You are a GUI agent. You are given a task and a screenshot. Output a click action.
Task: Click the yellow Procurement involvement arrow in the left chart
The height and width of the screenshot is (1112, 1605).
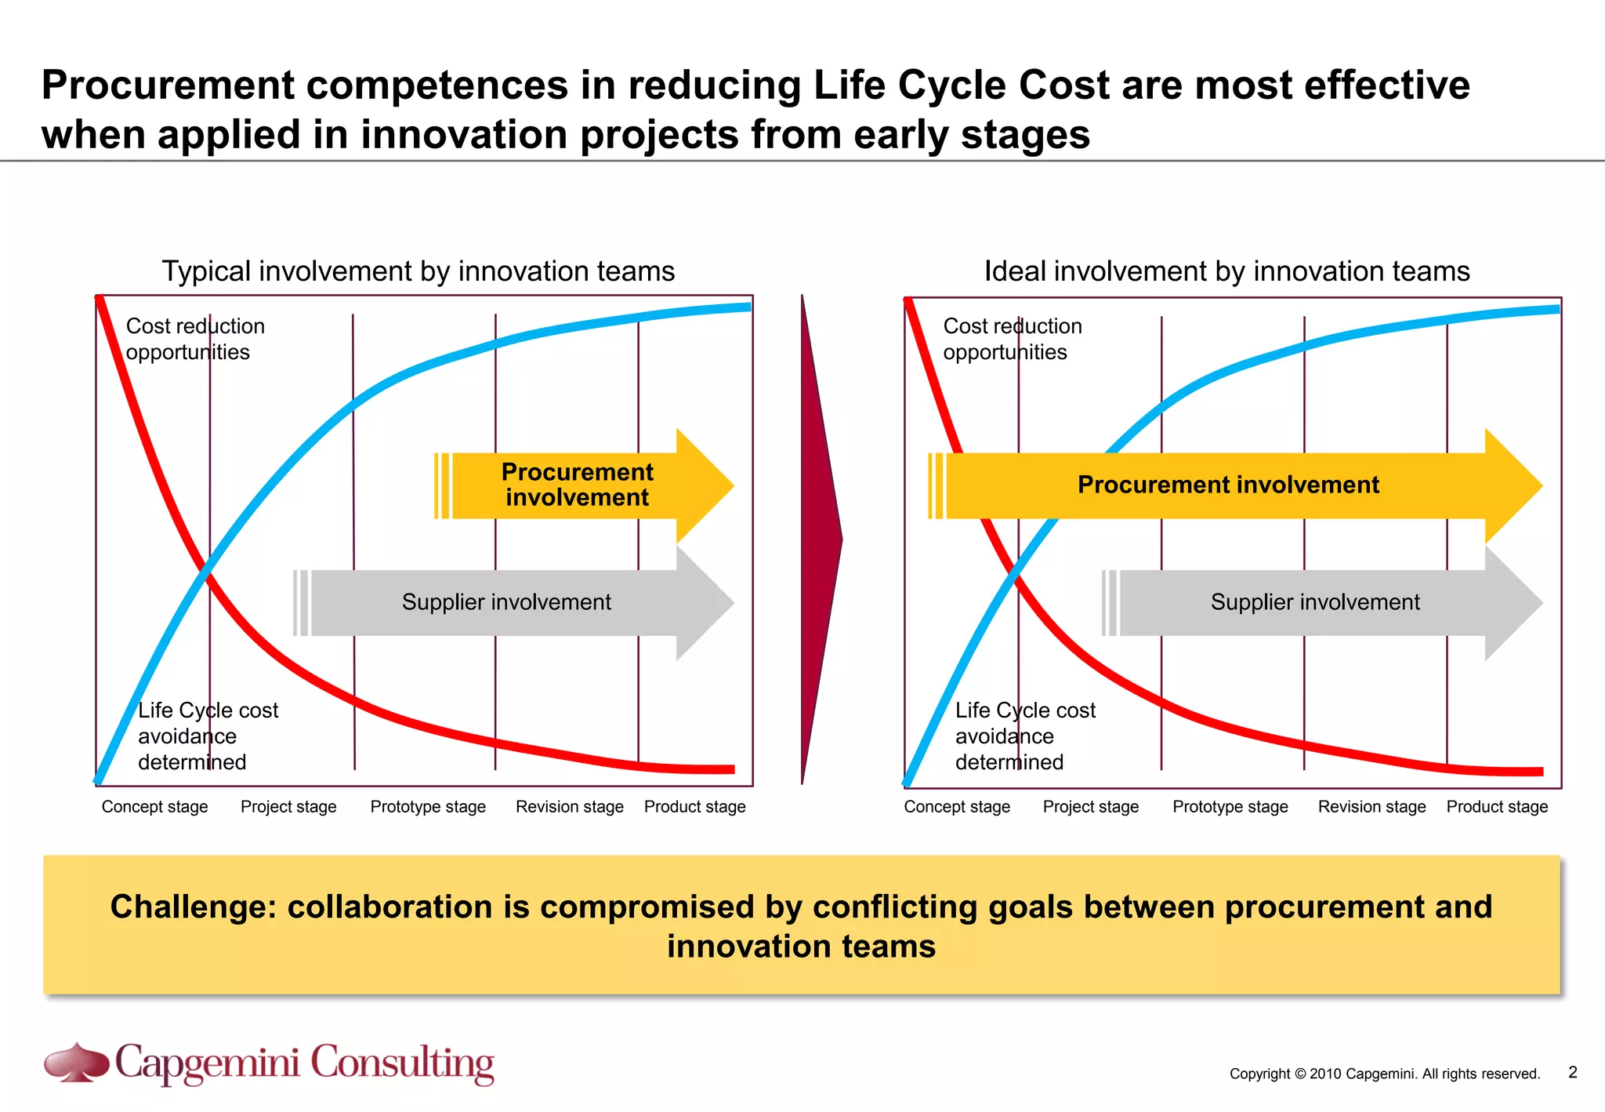(578, 485)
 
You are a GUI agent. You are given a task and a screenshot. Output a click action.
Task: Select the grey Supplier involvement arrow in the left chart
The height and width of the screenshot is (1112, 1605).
(506, 602)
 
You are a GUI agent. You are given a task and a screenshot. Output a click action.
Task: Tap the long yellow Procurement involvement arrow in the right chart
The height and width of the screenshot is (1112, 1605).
(1228, 485)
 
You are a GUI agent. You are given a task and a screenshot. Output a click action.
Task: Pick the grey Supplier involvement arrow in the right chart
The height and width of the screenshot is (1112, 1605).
(1315, 602)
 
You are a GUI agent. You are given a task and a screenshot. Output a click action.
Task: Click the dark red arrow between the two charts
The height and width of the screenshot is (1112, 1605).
(820, 540)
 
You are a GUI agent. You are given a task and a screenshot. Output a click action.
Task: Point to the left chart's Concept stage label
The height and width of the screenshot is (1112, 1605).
(154, 807)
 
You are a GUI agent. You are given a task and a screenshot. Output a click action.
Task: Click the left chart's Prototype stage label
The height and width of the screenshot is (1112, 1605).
(428, 807)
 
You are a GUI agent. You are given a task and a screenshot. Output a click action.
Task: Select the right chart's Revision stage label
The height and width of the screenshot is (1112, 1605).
(1371, 807)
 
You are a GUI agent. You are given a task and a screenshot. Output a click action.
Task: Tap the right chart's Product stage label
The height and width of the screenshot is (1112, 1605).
(1497, 807)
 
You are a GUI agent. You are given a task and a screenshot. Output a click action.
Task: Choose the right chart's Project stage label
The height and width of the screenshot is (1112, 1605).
(1090, 807)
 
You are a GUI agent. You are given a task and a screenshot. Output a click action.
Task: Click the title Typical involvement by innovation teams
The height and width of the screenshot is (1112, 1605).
(418, 271)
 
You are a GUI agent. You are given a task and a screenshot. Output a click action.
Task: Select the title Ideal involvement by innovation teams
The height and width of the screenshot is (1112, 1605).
(1226, 271)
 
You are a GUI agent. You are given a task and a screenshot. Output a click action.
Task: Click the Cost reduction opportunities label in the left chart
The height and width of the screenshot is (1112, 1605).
(194, 339)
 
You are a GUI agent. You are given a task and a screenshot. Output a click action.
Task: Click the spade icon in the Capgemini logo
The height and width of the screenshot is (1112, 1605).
(76, 1063)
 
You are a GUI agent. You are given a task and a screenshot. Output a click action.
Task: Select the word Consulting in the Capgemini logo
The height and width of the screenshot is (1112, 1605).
(402, 1063)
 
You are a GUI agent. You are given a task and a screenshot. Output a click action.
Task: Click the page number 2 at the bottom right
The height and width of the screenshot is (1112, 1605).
(1572, 1072)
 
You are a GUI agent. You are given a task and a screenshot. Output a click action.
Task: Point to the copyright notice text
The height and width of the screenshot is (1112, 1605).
(1384, 1074)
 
